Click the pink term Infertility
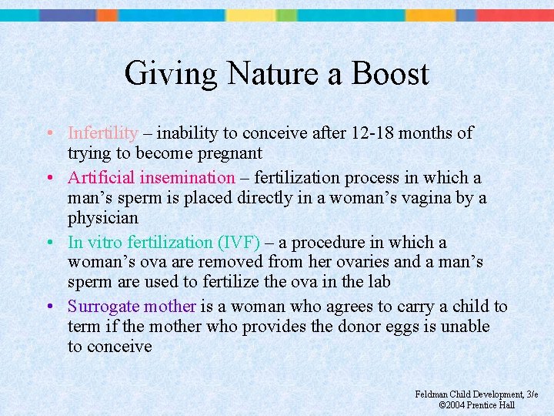(x=102, y=133)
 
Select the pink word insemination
(x=186, y=178)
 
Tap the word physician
(x=103, y=218)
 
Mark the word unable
(x=464, y=327)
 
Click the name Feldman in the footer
(x=433, y=394)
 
